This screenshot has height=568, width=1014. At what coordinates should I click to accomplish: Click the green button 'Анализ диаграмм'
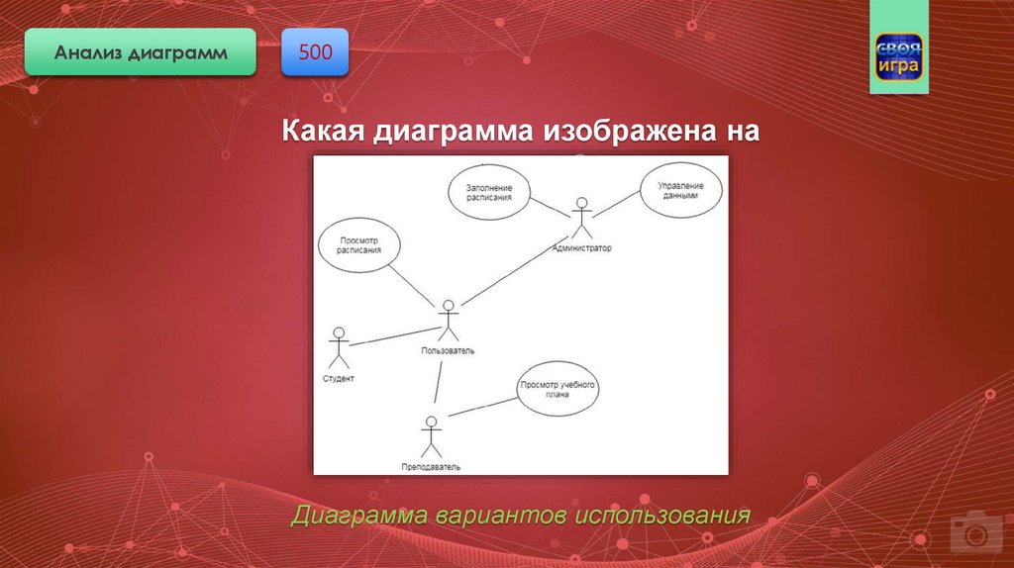point(141,52)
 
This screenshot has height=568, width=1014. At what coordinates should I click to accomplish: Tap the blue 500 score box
point(315,52)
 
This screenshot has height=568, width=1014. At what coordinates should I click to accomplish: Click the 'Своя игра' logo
point(899,57)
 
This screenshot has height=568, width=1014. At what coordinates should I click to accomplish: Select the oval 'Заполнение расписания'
point(489,193)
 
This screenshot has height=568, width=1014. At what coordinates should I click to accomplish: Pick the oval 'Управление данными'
point(681,190)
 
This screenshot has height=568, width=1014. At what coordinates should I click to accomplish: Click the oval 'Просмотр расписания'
point(359,244)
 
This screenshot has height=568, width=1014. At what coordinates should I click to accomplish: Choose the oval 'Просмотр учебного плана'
point(558,389)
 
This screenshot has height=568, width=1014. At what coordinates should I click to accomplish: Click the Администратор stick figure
point(581,218)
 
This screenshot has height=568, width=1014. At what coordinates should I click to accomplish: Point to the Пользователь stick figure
point(449,321)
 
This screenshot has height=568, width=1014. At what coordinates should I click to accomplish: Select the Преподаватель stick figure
point(432,436)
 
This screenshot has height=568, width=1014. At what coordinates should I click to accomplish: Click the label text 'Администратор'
point(582,248)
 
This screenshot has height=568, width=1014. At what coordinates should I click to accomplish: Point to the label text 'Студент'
point(339,379)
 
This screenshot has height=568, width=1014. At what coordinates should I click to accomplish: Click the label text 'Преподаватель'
point(431,467)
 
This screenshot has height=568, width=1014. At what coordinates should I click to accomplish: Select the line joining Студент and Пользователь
point(394,336)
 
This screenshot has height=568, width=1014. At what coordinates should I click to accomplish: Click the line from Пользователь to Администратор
point(515,270)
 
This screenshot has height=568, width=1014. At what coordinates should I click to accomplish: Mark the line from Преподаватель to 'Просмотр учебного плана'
point(483,407)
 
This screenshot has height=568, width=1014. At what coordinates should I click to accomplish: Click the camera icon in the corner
point(974,532)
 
